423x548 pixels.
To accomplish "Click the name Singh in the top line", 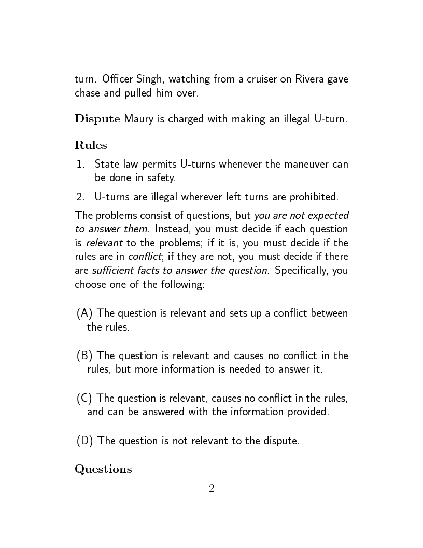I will (149, 80).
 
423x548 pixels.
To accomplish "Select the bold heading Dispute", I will (98, 120).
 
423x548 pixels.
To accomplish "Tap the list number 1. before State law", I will (80, 165).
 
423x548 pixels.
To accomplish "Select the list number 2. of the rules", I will (80, 197).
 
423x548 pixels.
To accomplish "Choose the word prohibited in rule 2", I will (314, 197).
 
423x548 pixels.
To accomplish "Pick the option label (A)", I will (84, 313).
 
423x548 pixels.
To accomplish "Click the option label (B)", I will (84, 356).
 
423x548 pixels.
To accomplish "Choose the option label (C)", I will (84, 399).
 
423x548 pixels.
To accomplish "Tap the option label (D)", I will (85, 441).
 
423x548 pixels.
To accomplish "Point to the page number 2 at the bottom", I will (212, 489).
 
